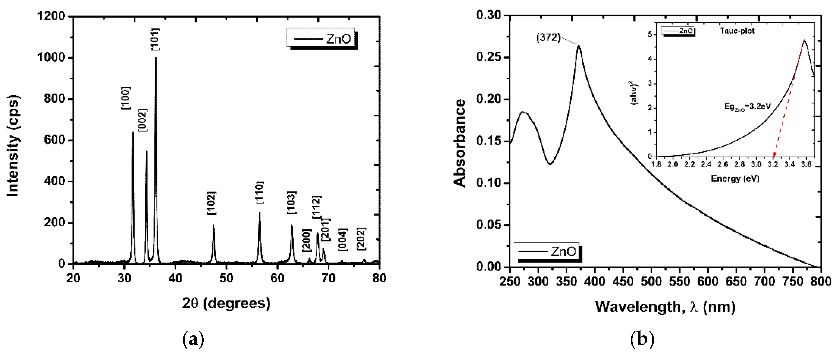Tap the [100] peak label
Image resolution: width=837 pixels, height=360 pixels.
coord(126,98)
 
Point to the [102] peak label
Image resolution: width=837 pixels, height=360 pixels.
coord(211,203)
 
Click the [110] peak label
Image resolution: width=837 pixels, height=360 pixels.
coord(260,193)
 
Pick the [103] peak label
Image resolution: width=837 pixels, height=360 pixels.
coord(291,203)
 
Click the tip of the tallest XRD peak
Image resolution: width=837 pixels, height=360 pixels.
coord(156,58)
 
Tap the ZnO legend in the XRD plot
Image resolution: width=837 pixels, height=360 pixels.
coord(322,39)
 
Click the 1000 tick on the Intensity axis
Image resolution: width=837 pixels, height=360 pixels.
coord(51,57)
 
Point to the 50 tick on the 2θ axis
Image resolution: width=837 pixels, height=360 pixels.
coord(226,278)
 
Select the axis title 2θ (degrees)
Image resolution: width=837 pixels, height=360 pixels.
coord(226,303)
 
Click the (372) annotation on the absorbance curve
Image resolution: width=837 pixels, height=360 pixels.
coord(548,38)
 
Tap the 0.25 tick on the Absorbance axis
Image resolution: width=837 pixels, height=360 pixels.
coord(489,57)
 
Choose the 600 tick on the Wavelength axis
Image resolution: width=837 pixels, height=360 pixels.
coord(708,281)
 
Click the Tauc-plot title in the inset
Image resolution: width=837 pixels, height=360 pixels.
coord(737,31)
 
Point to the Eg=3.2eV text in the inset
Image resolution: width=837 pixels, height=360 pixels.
coord(747,107)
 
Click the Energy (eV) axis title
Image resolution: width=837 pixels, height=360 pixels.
coord(735,178)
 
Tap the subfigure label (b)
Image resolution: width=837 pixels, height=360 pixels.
coord(642,340)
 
